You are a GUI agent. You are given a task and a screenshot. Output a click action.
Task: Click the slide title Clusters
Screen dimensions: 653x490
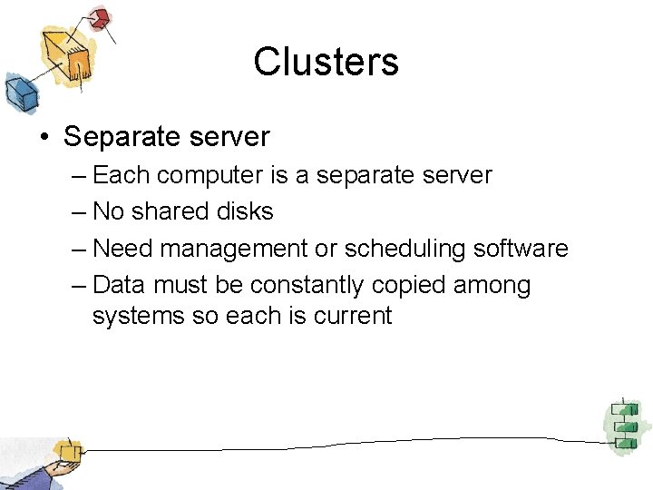click(326, 62)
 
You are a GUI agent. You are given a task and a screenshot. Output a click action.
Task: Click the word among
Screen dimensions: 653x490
click(493, 286)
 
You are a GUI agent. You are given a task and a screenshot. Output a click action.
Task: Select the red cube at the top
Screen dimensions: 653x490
click(100, 17)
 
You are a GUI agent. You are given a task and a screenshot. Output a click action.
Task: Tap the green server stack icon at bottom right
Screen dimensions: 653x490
click(622, 423)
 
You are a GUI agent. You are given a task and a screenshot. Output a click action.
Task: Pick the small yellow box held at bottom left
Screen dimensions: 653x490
click(66, 450)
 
